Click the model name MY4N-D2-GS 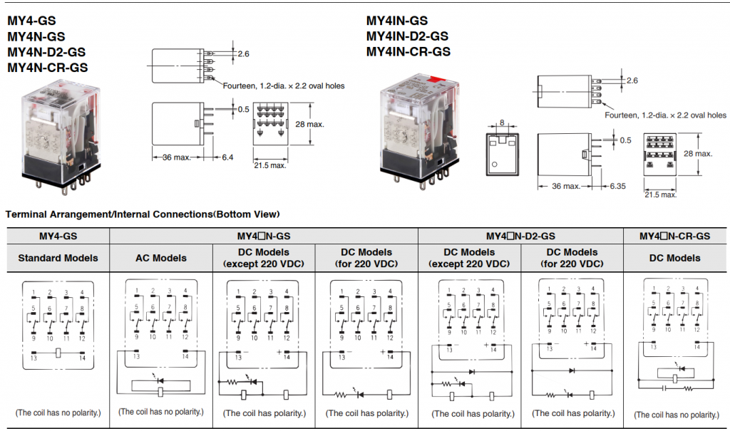[47, 52]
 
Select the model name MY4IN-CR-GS [408, 51]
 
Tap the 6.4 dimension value [227, 157]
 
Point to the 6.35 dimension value [617, 186]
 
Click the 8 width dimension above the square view [503, 123]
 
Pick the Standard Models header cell [58, 258]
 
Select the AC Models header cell [161, 258]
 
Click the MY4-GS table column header [58, 236]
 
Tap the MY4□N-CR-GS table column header [674, 236]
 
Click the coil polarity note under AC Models [160, 411]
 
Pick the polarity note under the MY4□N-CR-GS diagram [675, 415]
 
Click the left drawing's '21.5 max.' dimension [270, 165]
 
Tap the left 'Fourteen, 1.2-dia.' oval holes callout [283, 85]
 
